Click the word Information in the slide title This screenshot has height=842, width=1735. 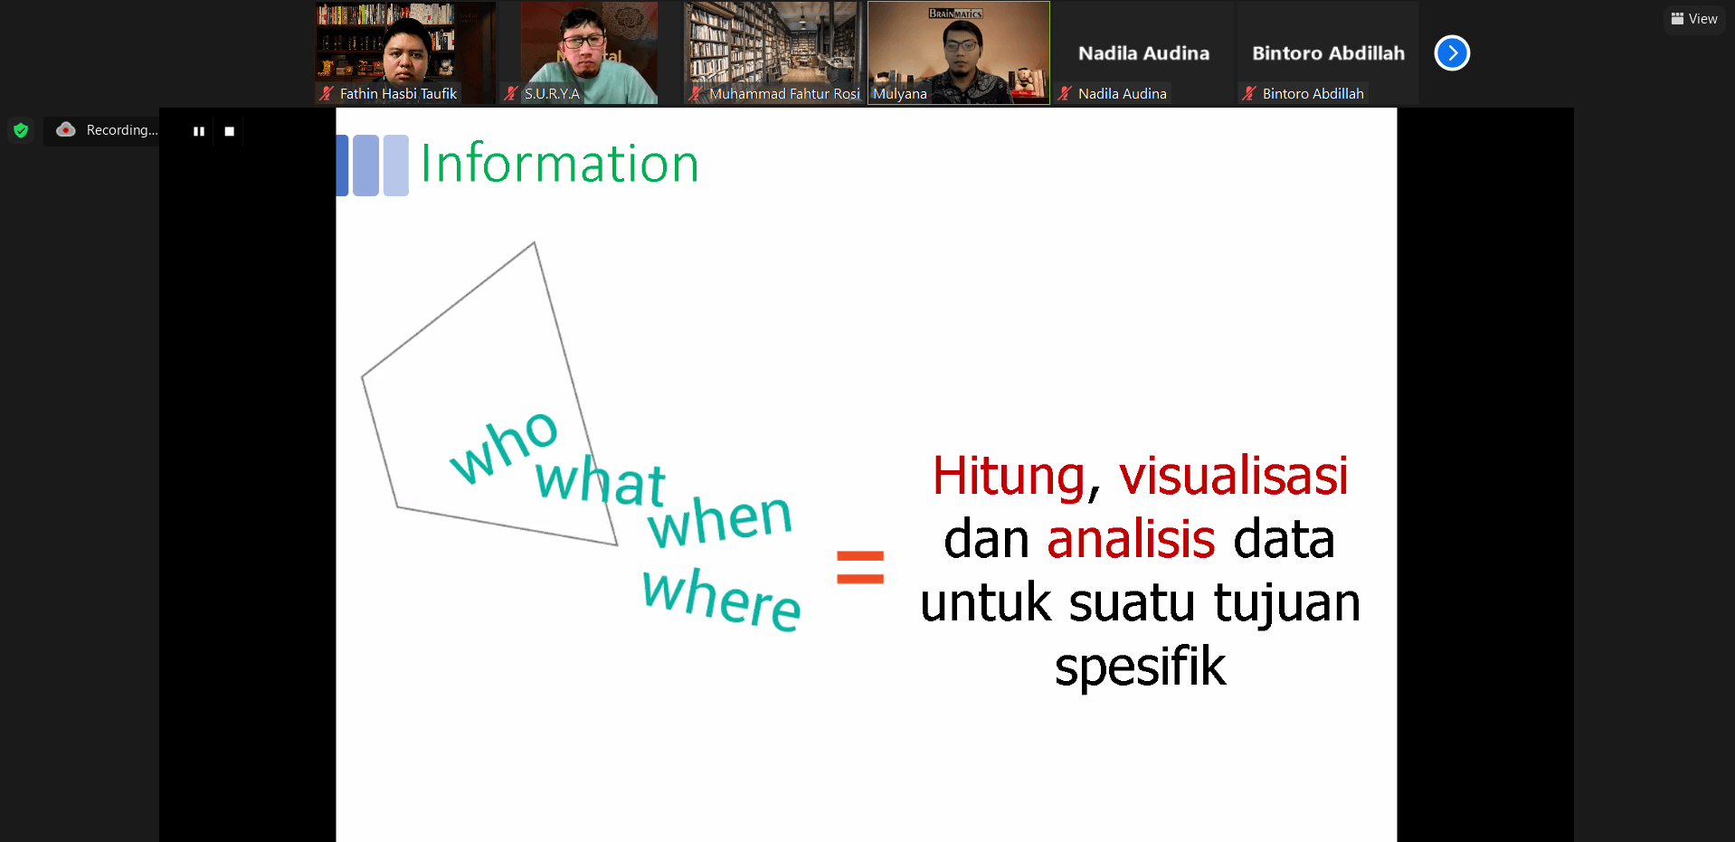click(x=559, y=164)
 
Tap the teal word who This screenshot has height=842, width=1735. click(x=504, y=446)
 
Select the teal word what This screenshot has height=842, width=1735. click(x=600, y=479)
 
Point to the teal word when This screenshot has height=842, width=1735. click(x=720, y=520)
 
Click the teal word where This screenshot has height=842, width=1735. click(x=721, y=598)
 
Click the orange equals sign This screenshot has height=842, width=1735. click(x=859, y=567)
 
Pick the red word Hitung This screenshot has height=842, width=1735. click(x=1009, y=476)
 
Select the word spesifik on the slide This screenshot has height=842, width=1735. click(x=1140, y=668)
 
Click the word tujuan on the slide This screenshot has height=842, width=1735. click(x=1286, y=604)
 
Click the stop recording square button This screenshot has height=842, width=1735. click(x=229, y=131)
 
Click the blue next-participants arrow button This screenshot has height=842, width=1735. click(x=1452, y=52)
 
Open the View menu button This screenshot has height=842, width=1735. click(x=1694, y=19)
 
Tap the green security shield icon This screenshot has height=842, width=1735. click(x=21, y=130)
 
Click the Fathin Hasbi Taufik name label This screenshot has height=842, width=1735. click(x=398, y=93)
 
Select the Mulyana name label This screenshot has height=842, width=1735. click(x=899, y=93)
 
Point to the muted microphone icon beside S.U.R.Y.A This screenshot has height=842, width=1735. click(x=511, y=93)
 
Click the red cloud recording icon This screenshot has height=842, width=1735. click(x=66, y=129)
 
